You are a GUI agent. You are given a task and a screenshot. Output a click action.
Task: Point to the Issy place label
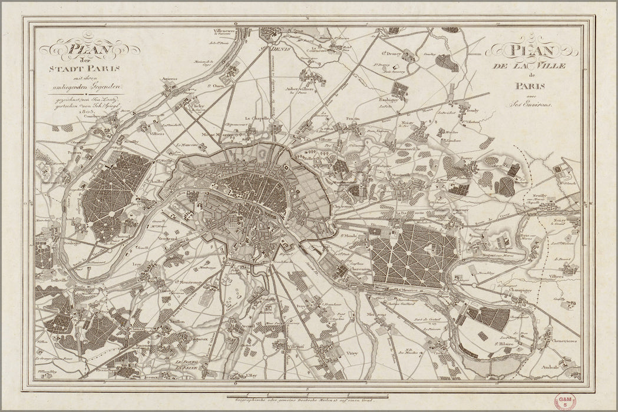pos(138,265)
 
